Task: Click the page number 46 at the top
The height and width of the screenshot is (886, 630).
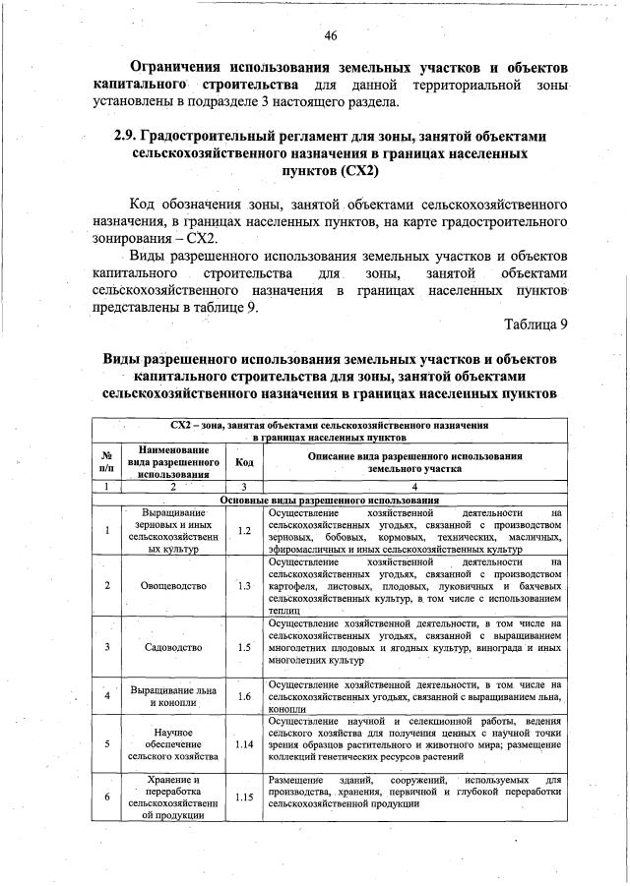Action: pos(331,36)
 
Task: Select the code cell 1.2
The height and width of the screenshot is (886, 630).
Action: pos(245,532)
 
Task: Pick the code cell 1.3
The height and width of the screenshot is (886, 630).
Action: pos(245,585)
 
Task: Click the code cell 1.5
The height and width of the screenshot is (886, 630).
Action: pos(245,647)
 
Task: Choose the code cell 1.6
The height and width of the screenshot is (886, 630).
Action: pos(245,696)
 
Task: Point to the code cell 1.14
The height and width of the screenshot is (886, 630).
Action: pos(245,743)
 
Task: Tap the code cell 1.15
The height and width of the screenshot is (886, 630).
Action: pos(245,797)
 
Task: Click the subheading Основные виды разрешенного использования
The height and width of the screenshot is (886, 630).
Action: pos(329,500)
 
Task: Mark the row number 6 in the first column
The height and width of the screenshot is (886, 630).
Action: pos(106,797)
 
